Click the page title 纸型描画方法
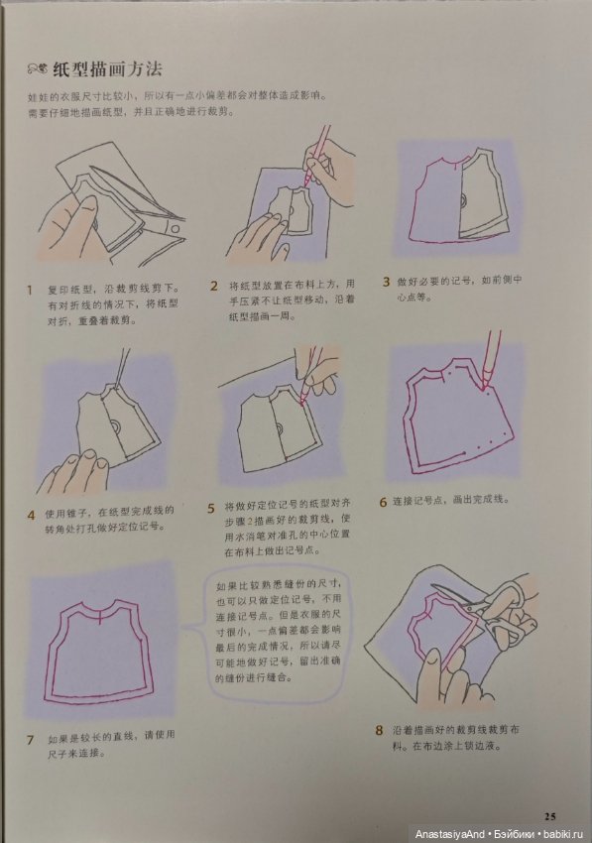[107, 69]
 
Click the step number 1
[30, 290]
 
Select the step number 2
[213, 286]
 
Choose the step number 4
[30, 515]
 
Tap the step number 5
[211, 509]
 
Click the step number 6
[383, 502]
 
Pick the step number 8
[379, 731]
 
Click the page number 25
[550, 815]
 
